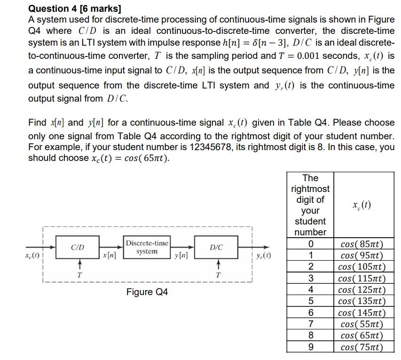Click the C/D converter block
pyautogui.click(x=78, y=247)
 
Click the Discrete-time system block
pyautogui.click(x=147, y=247)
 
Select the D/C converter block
pyautogui.click(x=216, y=247)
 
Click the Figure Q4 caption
pyautogui.click(x=147, y=292)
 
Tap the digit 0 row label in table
pyautogui.click(x=310, y=244)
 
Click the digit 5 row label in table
pyautogui.click(x=310, y=301)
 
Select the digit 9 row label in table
pyautogui.click(x=310, y=347)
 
